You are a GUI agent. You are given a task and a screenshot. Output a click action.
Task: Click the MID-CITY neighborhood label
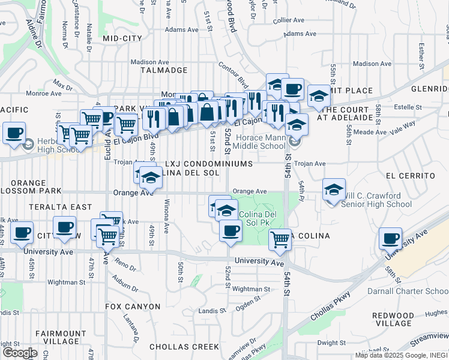tap(122, 38)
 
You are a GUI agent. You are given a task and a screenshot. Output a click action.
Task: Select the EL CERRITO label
tap(411, 176)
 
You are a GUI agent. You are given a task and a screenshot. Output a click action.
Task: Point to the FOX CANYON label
tap(133, 307)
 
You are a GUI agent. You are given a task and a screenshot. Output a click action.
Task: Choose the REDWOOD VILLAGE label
tap(393, 320)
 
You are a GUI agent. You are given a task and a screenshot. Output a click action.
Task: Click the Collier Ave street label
tap(288, 20)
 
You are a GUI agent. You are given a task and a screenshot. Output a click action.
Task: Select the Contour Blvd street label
tap(233, 73)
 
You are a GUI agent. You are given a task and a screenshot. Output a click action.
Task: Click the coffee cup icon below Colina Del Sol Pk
tap(230, 230)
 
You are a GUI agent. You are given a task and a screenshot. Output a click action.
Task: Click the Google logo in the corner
tap(20, 353)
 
